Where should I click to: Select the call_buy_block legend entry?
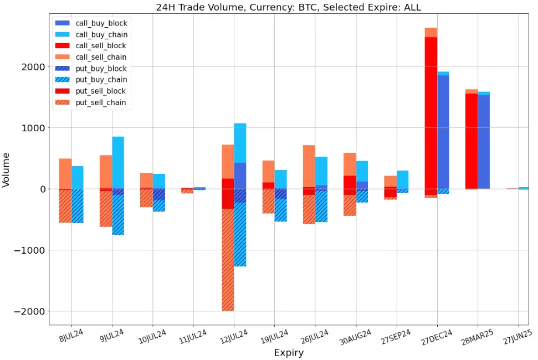coord(101,23)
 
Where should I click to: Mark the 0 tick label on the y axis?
coord(40,189)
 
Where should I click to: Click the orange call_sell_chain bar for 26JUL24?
coord(309,166)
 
